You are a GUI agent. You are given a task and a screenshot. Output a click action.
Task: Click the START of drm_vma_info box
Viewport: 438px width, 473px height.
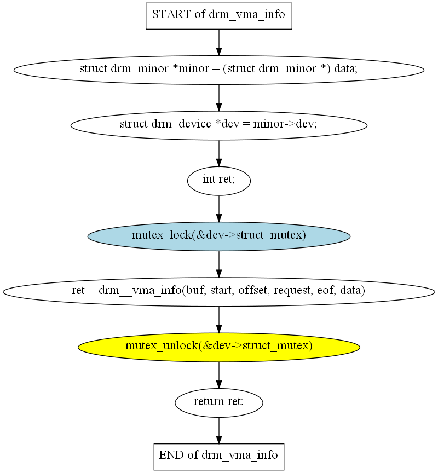point(218,16)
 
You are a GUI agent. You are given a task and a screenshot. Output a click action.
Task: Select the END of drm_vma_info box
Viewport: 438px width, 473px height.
point(218,457)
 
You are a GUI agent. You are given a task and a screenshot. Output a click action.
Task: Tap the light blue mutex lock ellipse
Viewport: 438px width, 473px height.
point(218,236)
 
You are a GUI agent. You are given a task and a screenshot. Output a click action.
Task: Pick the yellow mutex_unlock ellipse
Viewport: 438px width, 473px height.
point(218,347)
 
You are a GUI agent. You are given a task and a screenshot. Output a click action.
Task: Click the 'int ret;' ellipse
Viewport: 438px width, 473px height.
point(218,181)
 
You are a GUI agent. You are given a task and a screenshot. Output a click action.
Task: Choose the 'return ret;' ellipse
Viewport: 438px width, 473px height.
point(218,402)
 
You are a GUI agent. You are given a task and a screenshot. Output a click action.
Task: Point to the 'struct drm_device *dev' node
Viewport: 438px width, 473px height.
point(218,125)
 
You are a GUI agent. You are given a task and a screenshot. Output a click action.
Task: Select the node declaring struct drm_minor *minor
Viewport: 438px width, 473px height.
point(218,70)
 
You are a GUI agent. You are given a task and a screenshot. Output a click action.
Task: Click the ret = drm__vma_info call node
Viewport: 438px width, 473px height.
point(218,292)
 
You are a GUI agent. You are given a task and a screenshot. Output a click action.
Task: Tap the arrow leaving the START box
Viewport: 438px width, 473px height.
point(218,43)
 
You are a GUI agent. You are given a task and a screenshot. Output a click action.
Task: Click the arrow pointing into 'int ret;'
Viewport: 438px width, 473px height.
point(218,153)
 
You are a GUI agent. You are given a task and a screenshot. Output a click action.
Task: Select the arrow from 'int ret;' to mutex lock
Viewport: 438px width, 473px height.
point(218,209)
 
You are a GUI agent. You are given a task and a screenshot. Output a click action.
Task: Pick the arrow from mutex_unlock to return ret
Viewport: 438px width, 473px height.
point(218,375)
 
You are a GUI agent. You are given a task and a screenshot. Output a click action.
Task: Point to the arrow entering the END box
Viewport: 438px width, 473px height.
point(218,430)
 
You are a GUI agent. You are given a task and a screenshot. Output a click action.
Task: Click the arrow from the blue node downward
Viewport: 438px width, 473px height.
point(218,264)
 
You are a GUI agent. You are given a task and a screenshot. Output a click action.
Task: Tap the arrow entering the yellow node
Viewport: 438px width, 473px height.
point(218,320)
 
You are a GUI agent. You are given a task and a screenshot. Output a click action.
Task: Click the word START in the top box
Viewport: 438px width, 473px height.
point(171,14)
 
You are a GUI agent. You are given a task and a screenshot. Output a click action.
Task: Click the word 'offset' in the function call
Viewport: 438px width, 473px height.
point(253,290)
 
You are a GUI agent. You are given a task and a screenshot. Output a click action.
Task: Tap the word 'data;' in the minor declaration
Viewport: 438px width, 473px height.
point(345,68)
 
